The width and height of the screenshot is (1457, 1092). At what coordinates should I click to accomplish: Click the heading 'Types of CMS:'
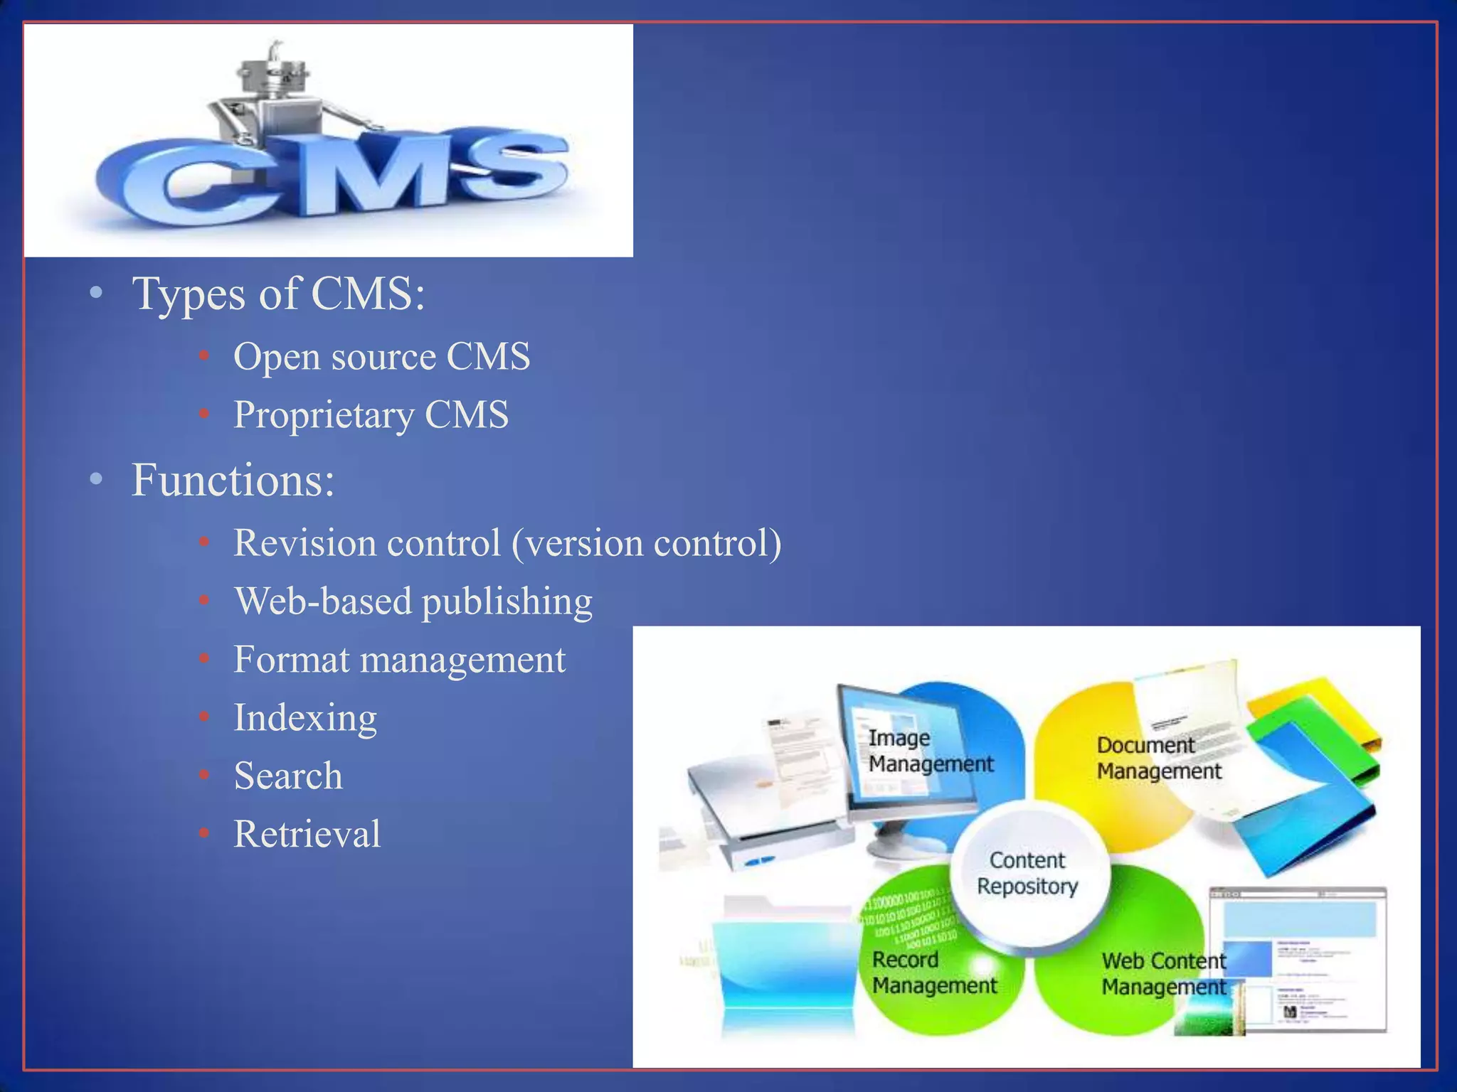278,293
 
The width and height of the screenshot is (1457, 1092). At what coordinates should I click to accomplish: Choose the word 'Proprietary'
323,415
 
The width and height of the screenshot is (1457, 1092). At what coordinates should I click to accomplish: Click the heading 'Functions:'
233,480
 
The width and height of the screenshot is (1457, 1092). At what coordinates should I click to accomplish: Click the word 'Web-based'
323,601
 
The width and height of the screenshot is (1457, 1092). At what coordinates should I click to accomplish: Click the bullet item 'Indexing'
305,718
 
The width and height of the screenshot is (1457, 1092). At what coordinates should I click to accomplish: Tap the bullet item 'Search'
288,776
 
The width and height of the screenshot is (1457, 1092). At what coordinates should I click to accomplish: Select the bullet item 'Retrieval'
307,834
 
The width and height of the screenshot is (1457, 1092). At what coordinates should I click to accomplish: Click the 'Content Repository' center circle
1028,874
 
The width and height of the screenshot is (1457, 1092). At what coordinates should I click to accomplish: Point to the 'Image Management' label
930,751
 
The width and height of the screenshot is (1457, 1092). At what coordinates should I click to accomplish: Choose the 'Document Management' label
1158,758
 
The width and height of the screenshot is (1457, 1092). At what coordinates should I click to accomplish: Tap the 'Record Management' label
934,973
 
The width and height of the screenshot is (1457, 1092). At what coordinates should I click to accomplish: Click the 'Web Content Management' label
1164,974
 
